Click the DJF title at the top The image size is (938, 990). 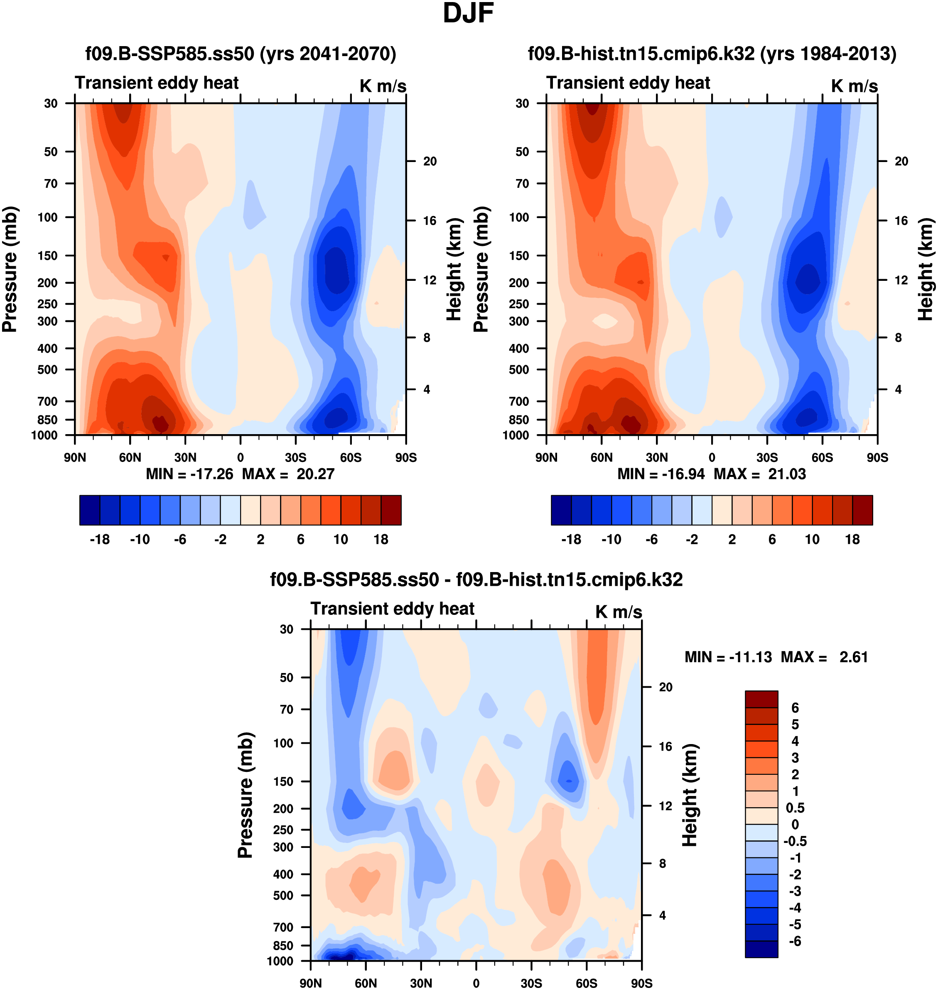pyautogui.click(x=468, y=13)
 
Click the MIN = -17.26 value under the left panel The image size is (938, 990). pyautogui.click(x=189, y=474)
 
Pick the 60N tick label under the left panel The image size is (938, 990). pyautogui.click(x=130, y=457)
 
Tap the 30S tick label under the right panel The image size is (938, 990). pyautogui.click(x=767, y=457)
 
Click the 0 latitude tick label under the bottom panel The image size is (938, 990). pyautogui.click(x=476, y=983)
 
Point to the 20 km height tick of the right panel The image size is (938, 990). pyautogui.click(x=901, y=162)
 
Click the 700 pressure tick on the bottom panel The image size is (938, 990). pyautogui.click(x=283, y=927)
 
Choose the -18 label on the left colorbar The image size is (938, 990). pyautogui.click(x=100, y=540)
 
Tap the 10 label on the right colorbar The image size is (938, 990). pyautogui.click(x=812, y=540)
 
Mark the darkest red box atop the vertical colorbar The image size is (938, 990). pyautogui.click(x=761, y=699)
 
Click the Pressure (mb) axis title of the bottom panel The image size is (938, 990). pyautogui.click(x=246, y=795)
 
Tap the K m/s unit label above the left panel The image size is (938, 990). pyautogui.click(x=383, y=86)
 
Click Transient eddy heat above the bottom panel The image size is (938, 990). pyautogui.click(x=393, y=609)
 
